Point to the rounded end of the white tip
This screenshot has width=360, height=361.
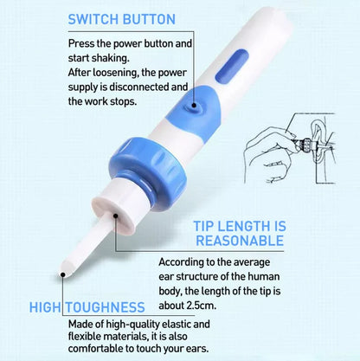tap(64, 276)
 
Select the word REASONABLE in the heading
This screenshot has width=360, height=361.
tap(238, 240)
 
